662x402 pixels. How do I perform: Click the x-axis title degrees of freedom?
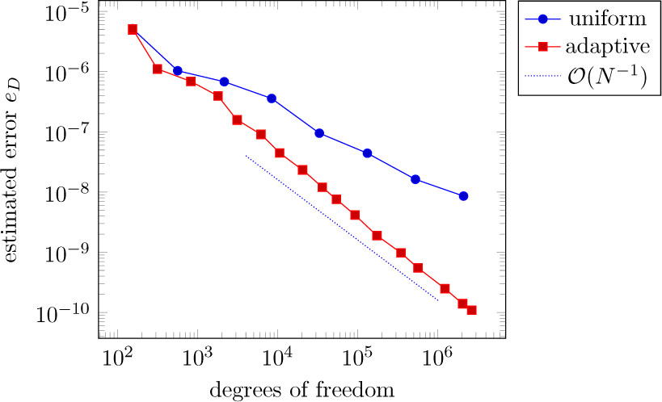coord(302,390)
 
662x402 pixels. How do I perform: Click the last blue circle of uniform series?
coord(462,196)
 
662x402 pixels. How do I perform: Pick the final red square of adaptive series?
coord(472,310)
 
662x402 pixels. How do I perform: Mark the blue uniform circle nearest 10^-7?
coord(319,133)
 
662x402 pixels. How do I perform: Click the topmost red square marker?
coord(133,29)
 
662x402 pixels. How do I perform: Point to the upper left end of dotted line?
coord(245,155)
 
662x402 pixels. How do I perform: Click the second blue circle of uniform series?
coord(177,71)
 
